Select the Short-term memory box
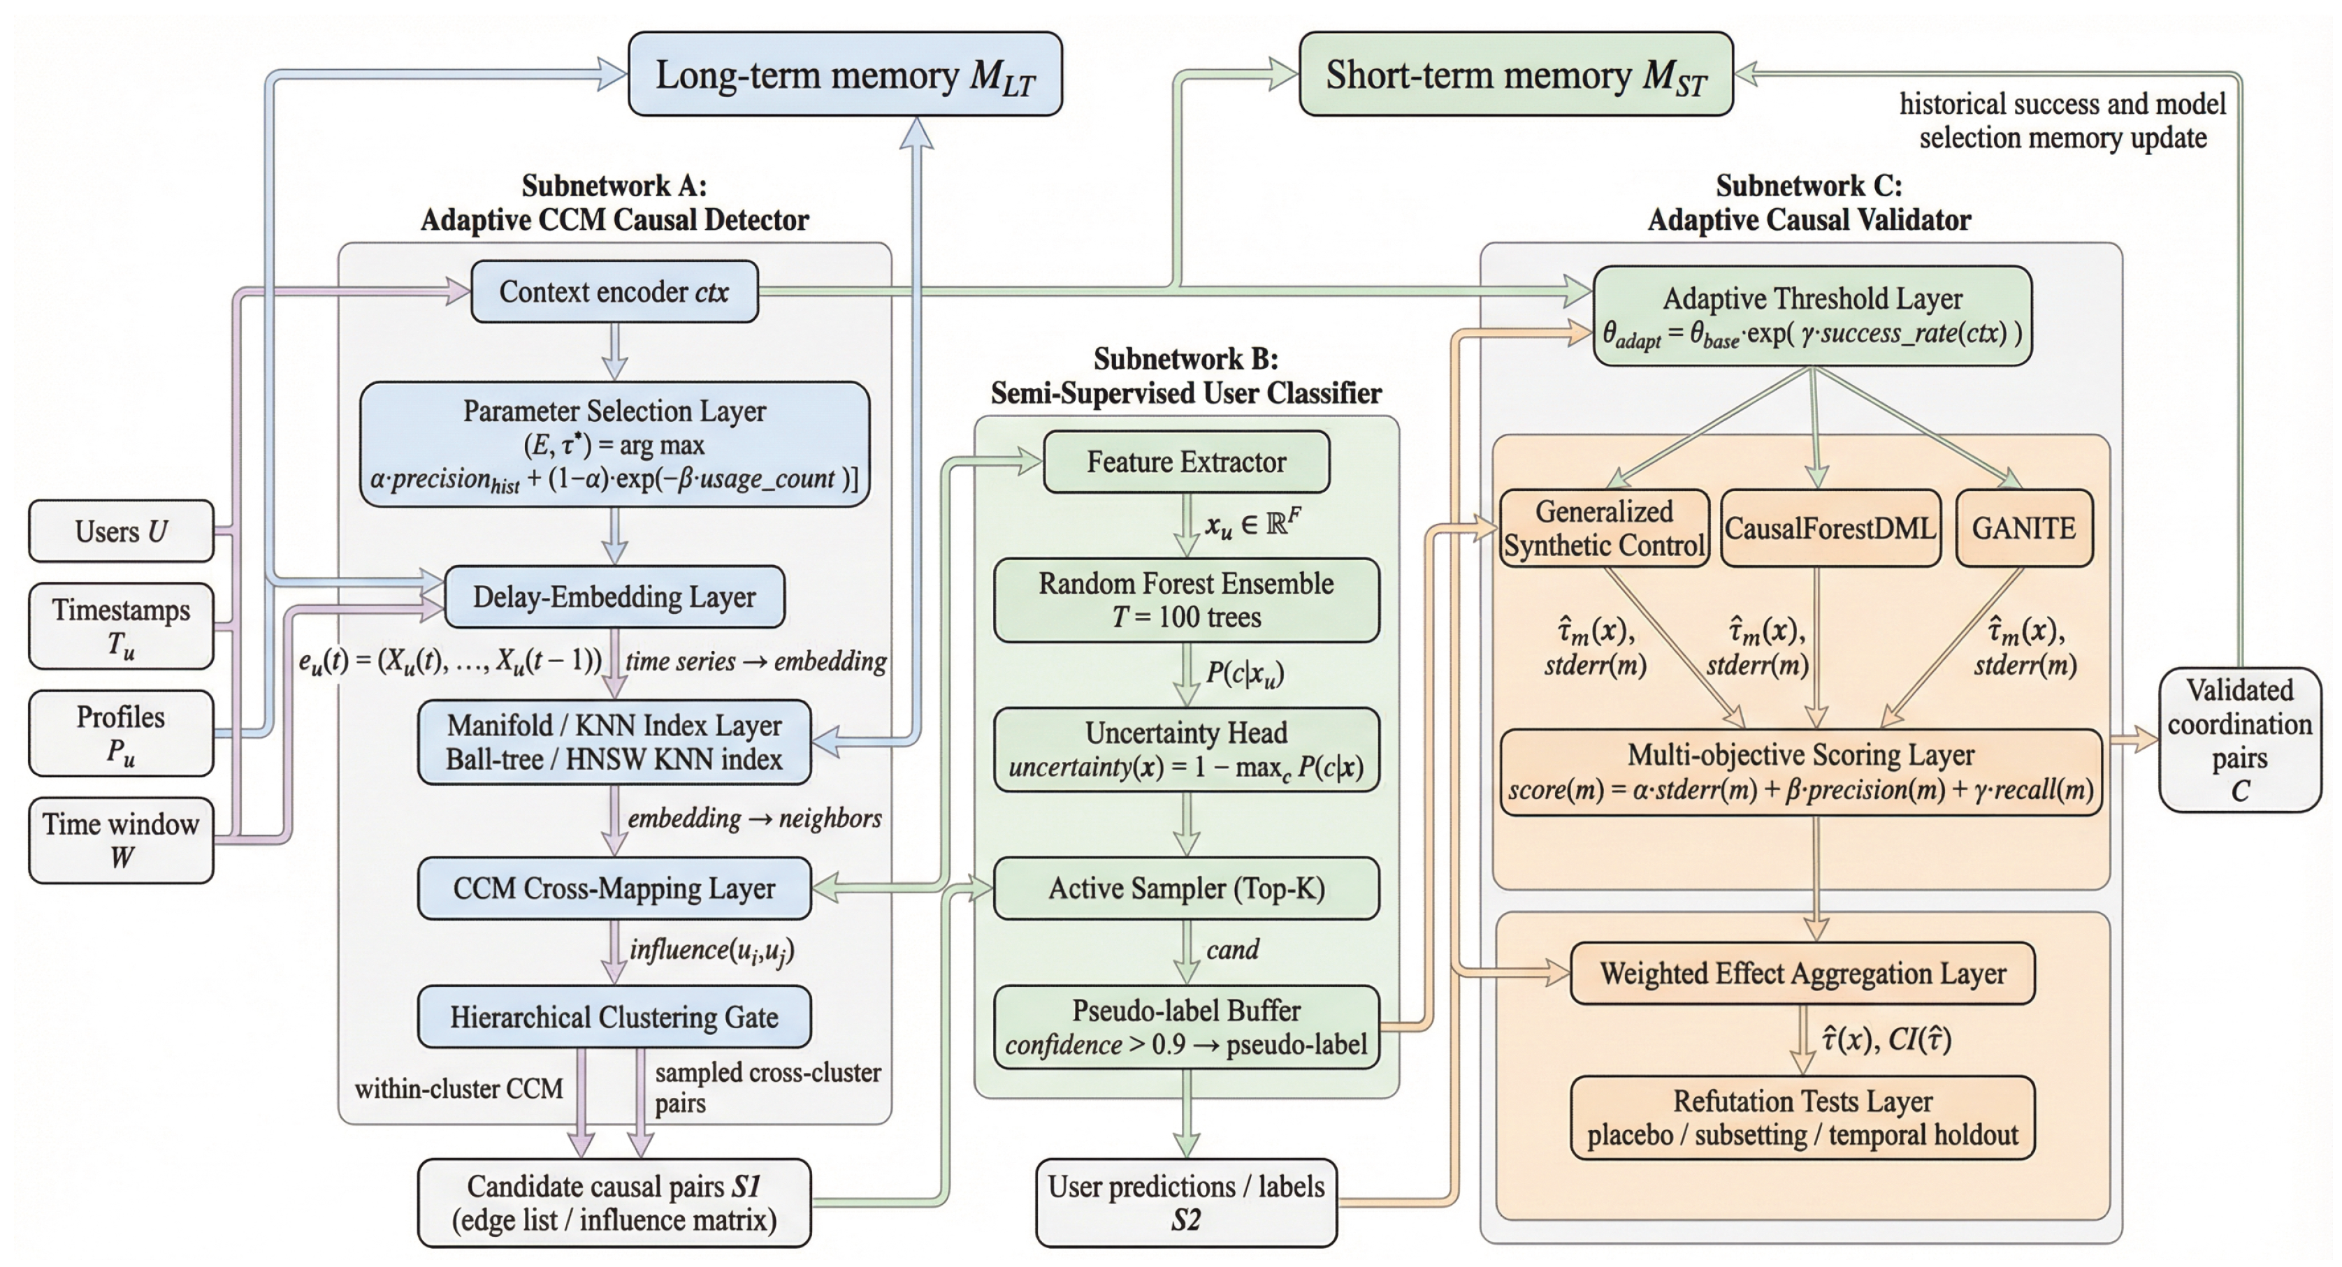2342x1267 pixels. (x=1516, y=75)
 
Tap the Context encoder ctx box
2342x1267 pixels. (x=614, y=292)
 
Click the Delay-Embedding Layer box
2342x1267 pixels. (x=614, y=597)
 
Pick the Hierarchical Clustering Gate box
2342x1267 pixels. (x=614, y=1017)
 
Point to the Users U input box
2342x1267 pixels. (x=121, y=532)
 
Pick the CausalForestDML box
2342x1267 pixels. (x=1829, y=528)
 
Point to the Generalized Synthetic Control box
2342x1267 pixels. (x=1604, y=528)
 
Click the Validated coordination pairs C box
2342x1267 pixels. (x=2239, y=740)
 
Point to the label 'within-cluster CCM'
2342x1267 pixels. (x=459, y=1089)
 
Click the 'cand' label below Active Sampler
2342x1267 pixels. (x=1232, y=950)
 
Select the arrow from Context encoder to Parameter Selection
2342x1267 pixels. (x=616, y=352)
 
